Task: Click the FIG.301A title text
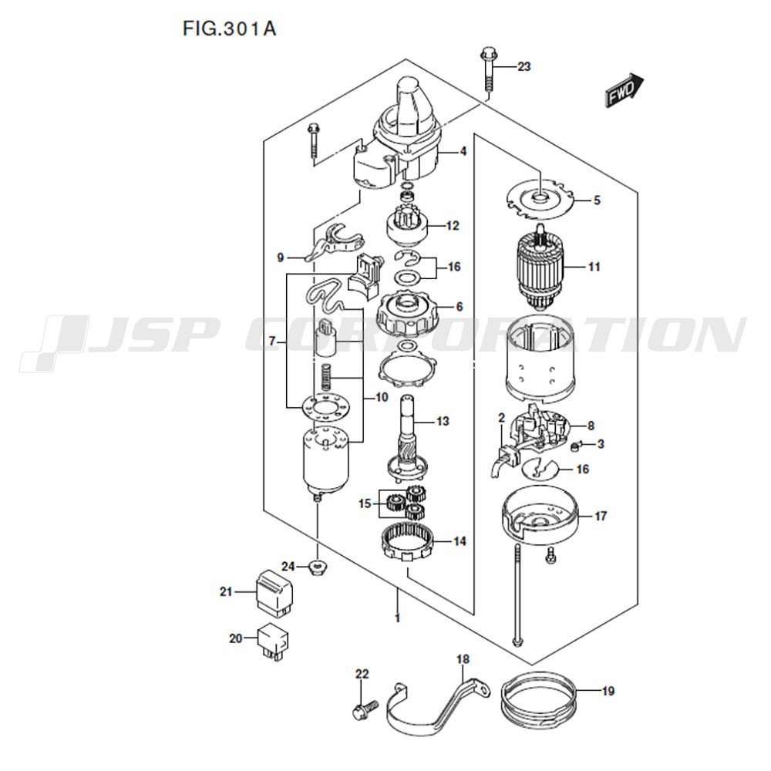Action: (x=229, y=29)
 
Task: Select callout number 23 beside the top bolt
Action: (x=524, y=66)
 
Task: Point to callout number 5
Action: (x=597, y=200)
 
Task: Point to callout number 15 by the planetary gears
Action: (x=365, y=503)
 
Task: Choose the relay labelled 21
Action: (x=274, y=592)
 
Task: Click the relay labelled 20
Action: (x=274, y=641)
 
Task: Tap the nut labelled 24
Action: (x=318, y=567)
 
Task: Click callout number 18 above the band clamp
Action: (x=463, y=659)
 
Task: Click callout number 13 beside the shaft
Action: (x=443, y=422)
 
